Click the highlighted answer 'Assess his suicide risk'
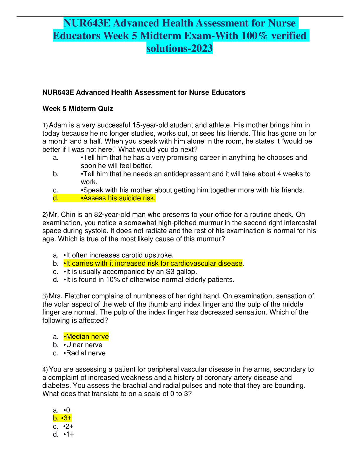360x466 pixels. tap(119, 198)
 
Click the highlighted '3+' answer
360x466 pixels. tap(67, 418)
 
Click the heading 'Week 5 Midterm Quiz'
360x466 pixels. tap(78, 109)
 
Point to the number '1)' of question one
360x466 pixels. tap(45, 125)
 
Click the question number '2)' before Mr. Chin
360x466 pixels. tap(45, 215)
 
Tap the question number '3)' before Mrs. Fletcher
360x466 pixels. tap(45, 296)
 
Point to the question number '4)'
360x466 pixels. tap(45, 370)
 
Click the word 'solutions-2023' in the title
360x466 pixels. tap(179, 48)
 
